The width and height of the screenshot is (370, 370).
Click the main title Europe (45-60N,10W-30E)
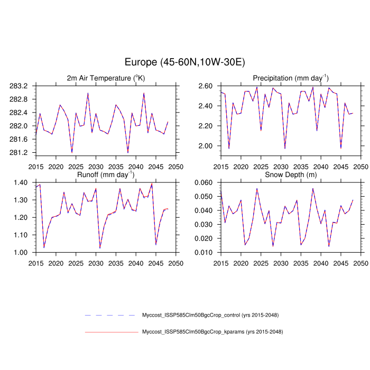184,62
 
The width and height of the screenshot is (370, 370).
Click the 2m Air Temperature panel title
106,78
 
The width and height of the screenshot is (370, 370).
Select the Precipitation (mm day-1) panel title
291,78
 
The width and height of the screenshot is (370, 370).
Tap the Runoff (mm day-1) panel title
106,174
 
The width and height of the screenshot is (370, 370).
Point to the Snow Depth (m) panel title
291,174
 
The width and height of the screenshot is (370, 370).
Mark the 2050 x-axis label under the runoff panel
176,263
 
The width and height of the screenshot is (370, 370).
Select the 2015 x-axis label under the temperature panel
36,166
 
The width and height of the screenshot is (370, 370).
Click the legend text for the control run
210,315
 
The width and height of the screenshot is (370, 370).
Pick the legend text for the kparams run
212,332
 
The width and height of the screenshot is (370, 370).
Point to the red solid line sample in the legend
111,332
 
